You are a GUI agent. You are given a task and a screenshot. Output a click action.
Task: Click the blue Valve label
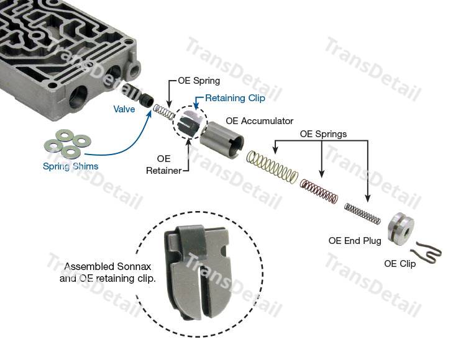tap(124, 109)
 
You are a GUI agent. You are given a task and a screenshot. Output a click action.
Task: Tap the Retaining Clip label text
tap(235, 98)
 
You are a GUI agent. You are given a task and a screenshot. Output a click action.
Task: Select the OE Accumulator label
tap(260, 121)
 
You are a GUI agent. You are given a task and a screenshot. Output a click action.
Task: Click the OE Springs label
tap(323, 134)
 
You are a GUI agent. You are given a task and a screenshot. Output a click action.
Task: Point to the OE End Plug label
tap(355, 241)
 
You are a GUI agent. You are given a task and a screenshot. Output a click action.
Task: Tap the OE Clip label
tap(400, 264)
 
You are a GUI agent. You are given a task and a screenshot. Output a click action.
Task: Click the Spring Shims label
tap(70, 166)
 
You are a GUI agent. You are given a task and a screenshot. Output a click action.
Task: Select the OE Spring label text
tap(199, 81)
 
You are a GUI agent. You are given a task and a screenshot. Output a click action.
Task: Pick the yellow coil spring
tap(272, 167)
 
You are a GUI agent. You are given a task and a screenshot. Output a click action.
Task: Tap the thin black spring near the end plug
tap(363, 214)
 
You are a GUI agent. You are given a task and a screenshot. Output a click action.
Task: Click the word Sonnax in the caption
tap(134, 266)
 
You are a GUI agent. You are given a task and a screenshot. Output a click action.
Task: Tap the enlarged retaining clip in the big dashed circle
tap(198, 272)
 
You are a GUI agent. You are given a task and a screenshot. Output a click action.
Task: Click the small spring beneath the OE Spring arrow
tap(163, 112)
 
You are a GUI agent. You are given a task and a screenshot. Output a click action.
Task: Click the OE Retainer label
tap(163, 164)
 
